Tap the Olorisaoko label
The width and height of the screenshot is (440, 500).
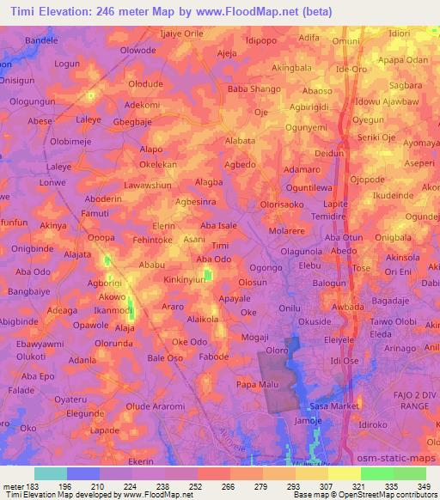tap(283, 206)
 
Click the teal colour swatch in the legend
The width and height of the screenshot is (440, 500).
tap(51, 473)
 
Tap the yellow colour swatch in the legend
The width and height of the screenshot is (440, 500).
tap(345, 473)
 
